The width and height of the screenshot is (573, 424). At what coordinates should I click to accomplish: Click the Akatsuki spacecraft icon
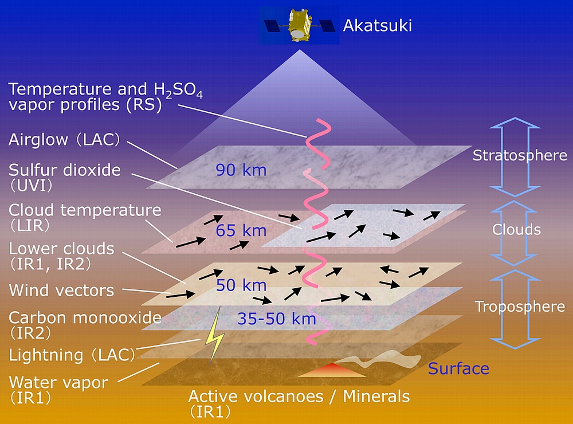pos(299,26)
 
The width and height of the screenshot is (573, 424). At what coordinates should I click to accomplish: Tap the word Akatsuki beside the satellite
pos(378,26)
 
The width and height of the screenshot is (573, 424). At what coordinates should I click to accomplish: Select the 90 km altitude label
pos(241,170)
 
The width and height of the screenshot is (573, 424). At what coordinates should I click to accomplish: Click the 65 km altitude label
pos(241,231)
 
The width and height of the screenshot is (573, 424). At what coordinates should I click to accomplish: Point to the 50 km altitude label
pos(241,285)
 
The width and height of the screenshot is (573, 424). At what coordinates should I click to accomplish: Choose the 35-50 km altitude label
pos(277,319)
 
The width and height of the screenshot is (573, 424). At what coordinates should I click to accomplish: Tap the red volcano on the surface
pos(332,370)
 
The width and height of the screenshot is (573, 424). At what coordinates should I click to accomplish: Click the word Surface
pos(458,368)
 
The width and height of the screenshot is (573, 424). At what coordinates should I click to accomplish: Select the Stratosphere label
pos(520,155)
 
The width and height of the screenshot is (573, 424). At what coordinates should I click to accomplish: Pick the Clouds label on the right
pos(516,230)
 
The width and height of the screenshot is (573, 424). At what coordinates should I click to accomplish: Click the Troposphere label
pos(520,307)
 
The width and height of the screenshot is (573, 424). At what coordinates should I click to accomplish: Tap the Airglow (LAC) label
pos(64,140)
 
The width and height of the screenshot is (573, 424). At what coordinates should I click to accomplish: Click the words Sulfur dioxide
pos(65,170)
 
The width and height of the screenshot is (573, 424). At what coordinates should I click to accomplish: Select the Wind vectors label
pos(61,290)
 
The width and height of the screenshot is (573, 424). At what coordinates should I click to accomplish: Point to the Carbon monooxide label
pos(85,317)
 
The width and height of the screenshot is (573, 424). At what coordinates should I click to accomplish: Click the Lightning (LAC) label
pos(72,355)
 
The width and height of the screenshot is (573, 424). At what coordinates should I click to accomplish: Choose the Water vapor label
pos(58,383)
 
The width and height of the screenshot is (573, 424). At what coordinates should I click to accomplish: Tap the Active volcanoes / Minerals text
pos(299,396)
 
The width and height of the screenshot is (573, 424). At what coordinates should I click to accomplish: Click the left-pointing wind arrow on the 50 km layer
pos(389,270)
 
